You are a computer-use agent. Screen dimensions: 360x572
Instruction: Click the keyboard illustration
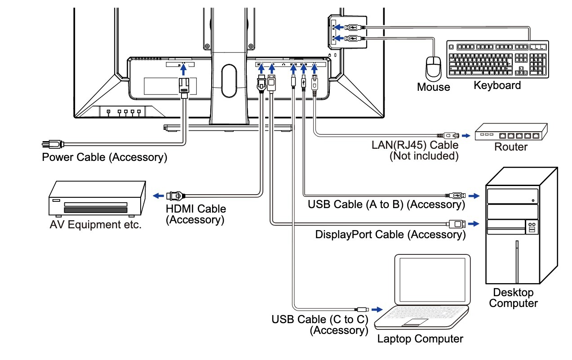pyautogui.click(x=498, y=58)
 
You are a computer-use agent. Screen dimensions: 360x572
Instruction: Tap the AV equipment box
pyautogui.click(x=97, y=200)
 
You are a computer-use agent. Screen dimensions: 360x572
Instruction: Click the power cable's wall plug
pyautogui.click(x=51, y=144)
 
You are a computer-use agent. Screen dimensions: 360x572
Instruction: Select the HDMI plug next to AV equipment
pyautogui.click(x=174, y=196)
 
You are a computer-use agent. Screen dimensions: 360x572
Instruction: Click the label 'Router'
pyautogui.click(x=511, y=147)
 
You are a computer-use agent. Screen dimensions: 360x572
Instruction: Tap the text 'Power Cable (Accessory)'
pyautogui.click(x=104, y=157)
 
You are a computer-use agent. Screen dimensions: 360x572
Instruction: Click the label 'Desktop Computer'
pyautogui.click(x=513, y=298)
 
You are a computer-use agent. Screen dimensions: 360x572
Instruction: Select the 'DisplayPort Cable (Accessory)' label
pyautogui.click(x=390, y=234)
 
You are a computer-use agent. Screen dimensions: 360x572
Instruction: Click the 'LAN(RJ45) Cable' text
pyautogui.click(x=415, y=145)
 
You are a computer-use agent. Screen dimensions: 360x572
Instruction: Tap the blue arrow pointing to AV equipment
pyautogui.click(x=158, y=196)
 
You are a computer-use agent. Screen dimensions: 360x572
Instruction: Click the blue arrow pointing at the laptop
pyautogui.click(x=377, y=309)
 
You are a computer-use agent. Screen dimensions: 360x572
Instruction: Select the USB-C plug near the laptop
pyautogui.click(x=363, y=309)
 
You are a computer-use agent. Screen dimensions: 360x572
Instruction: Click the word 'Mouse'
pyautogui.click(x=433, y=87)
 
